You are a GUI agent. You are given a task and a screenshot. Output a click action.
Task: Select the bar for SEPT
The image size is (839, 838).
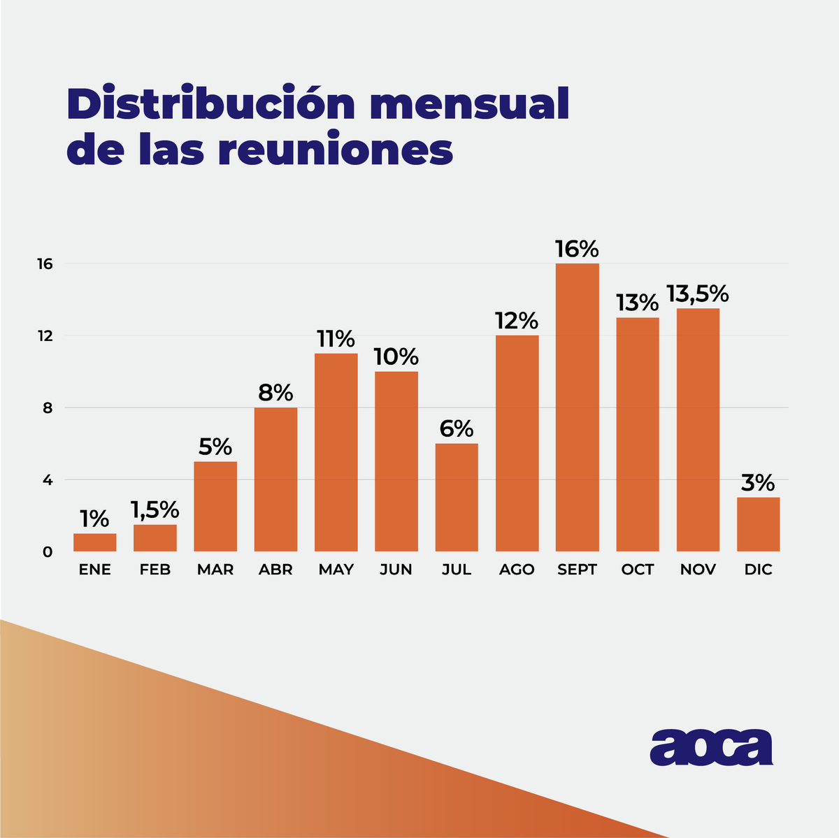[x=577, y=407]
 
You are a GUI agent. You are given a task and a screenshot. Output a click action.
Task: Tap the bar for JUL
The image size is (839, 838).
[x=457, y=497]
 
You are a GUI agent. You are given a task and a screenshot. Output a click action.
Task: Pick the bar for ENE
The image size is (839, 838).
[x=94, y=542]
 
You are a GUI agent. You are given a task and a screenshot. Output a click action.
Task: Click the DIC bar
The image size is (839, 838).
[x=758, y=524]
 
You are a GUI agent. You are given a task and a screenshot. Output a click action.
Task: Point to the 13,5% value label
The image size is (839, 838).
[x=697, y=294]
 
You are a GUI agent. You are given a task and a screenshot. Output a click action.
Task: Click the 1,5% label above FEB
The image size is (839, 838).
[x=155, y=510]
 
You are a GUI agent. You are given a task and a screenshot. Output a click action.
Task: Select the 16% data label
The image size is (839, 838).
[x=577, y=249]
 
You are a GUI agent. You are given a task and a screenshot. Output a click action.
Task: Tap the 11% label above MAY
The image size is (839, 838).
[x=336, y=339]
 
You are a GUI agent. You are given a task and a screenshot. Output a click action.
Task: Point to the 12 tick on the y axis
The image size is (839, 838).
[x=46, y=335]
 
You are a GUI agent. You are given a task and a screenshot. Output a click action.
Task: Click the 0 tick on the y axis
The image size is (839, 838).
[x=48, y=552]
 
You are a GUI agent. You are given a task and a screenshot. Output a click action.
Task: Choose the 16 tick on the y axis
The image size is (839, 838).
[x=46, y=263]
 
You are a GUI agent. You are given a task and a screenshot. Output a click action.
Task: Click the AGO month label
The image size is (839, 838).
[x=517, y=570]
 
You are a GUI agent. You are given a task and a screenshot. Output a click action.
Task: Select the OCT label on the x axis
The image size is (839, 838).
[x=637, y=570]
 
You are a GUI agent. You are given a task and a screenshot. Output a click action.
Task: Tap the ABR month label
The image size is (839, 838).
[x=275, y=570]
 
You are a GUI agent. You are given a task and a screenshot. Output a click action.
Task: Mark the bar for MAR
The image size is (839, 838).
[x=215, y=506]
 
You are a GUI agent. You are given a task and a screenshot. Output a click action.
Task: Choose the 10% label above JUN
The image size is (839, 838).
[x=396, y=357]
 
